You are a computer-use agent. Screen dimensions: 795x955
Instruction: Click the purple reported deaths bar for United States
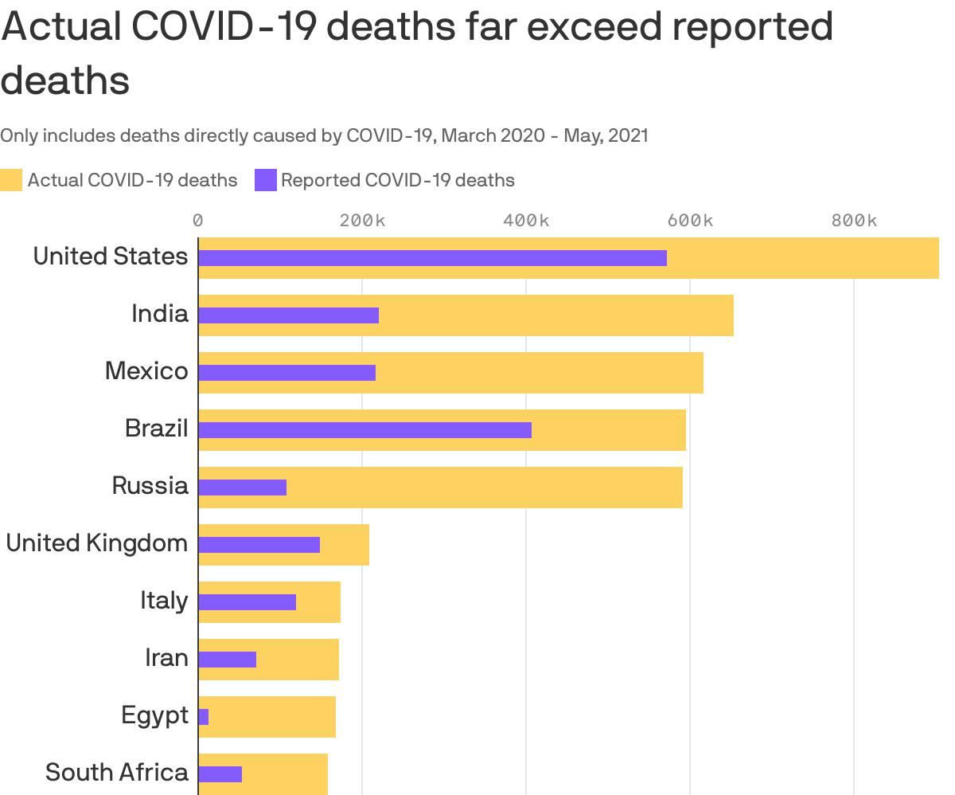click(432, 258)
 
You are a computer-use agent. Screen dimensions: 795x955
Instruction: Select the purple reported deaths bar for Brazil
click(364, 430)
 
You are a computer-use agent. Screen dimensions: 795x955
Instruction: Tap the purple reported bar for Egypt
click(204, 717)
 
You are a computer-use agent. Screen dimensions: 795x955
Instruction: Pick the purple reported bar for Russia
click(242, 488)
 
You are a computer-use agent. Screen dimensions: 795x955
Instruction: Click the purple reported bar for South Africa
click(220, 774)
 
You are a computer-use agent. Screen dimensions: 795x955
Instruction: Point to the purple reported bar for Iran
click(227, 660)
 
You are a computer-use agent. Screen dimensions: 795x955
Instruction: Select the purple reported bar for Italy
click(247, 602)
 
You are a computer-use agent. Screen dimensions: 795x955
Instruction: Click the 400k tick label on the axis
click(526, 221)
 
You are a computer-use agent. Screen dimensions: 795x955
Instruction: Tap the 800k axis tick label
click(854, 221)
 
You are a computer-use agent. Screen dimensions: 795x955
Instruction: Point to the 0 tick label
click(198, 221)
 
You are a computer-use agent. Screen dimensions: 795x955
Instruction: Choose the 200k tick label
click(362, 221)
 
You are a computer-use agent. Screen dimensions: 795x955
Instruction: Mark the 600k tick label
click(690, 221)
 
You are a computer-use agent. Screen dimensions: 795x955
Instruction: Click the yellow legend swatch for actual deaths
click(11, 180)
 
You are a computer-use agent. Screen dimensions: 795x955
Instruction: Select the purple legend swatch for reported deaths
click(265, 180)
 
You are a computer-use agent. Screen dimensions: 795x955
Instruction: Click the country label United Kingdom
click(97, 543)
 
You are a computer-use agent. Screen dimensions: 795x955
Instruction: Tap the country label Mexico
click(146, 371)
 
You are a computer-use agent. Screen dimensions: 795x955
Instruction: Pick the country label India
click(160, 314)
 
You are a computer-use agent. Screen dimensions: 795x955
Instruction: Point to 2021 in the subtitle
click(628, 135)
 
